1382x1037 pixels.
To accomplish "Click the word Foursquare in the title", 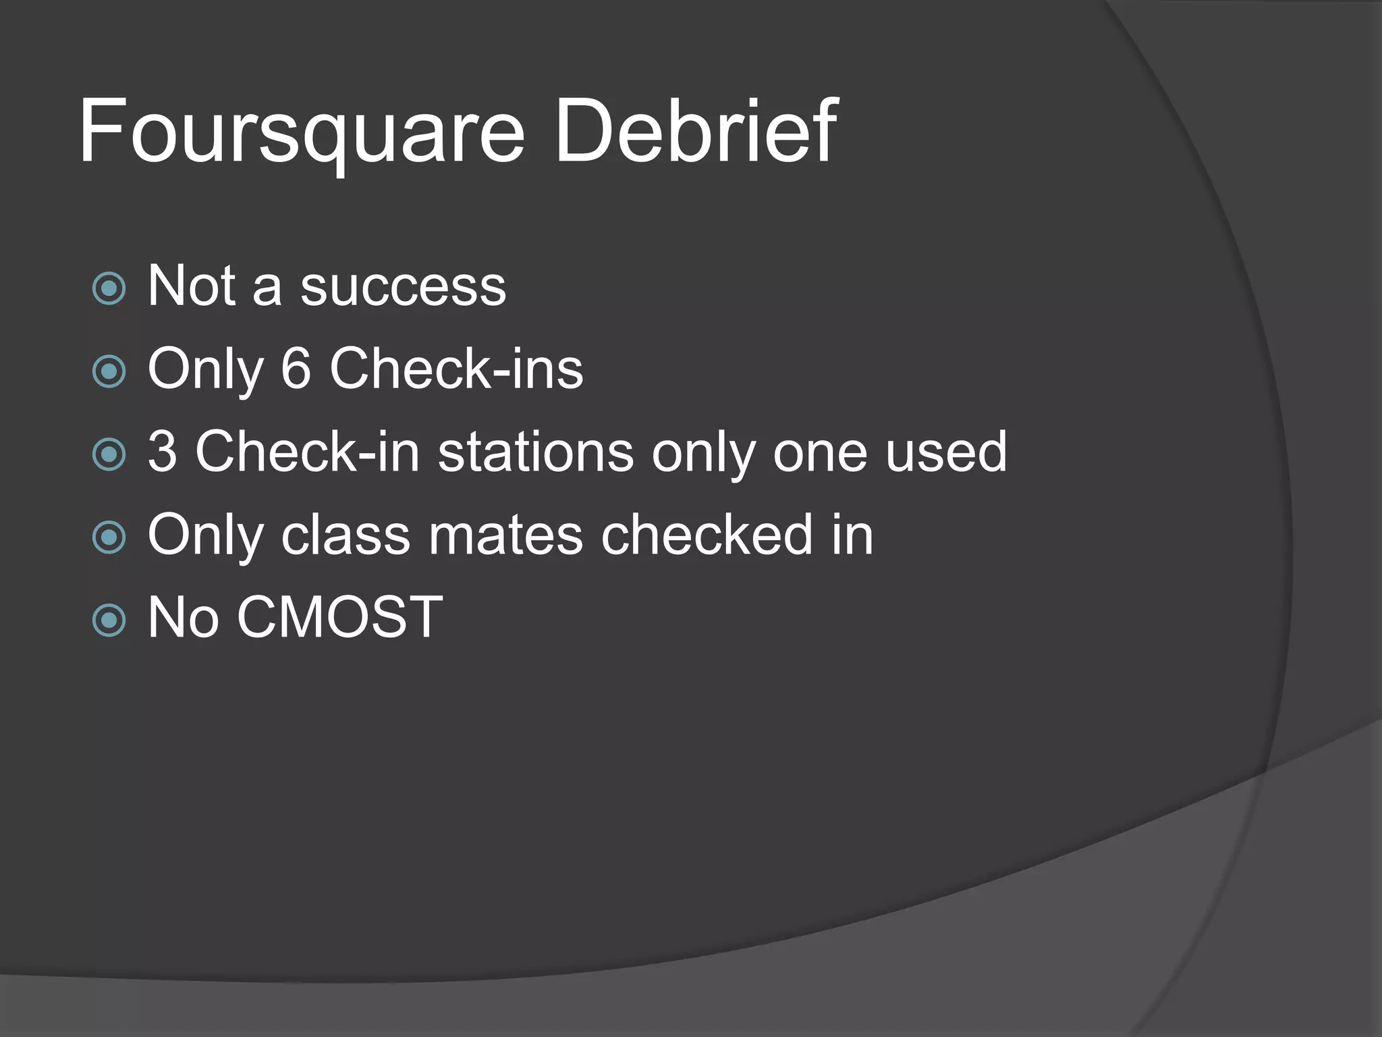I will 301,132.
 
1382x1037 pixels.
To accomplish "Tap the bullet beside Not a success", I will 109,289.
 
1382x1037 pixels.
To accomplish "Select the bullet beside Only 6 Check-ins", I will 109,371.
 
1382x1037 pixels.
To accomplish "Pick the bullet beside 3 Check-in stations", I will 109,454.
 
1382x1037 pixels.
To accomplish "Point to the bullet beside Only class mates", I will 109,537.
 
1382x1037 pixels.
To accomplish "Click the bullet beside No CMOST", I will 109,620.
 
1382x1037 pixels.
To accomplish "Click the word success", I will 403,288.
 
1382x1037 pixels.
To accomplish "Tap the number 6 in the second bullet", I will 296,369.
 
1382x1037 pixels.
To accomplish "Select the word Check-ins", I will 456,369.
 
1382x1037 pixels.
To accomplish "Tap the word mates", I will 505,535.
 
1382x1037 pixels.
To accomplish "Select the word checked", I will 707,535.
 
